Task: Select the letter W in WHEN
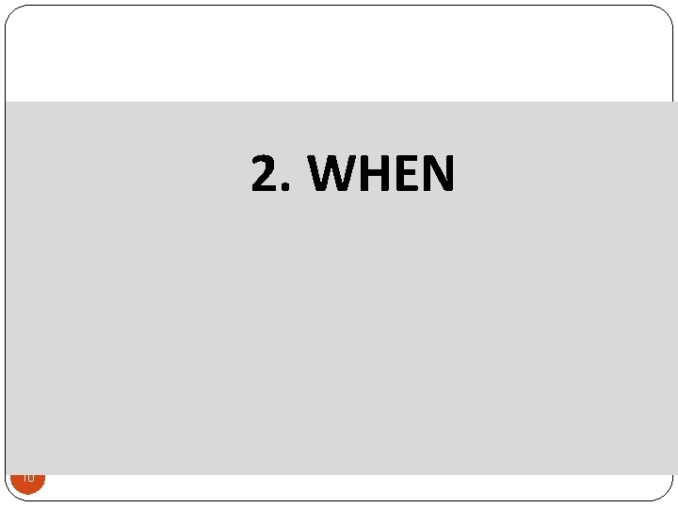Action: click(x=331, y=174)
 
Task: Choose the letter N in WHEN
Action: click(x=440, y=174)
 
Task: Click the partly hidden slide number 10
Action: click(x=27, y=479)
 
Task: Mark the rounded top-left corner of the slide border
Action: click(x=12, y=12)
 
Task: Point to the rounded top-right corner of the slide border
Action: click(x=666, y=12)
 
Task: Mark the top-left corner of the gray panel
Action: click(x=7, y=102)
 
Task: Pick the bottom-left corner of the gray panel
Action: click(x=7, y=473)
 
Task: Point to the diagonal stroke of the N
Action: click(x=440, y=174)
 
